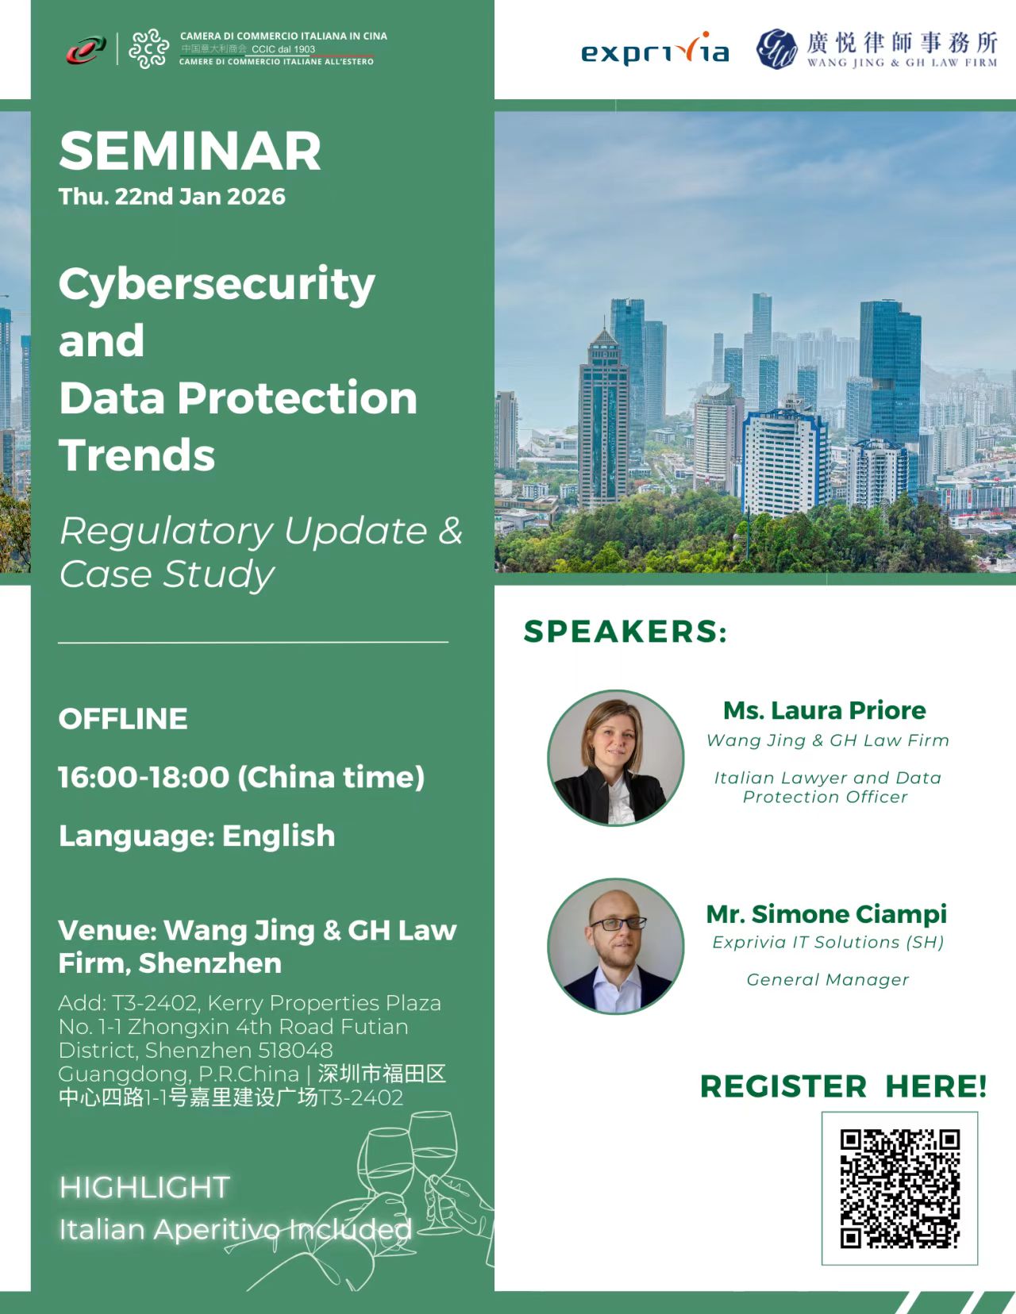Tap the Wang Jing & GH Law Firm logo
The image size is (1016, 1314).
[876, 49]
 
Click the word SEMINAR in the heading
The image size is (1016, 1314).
[190, 152]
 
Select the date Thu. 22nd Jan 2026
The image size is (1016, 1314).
[171, 197]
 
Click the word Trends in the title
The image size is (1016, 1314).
[137, 455]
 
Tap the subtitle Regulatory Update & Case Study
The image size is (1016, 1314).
[260, 552]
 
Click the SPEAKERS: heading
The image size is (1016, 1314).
[625, 632]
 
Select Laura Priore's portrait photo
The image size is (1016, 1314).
[616, 758]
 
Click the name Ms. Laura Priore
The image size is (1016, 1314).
[824, 710]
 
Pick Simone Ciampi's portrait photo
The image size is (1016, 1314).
[616, 946]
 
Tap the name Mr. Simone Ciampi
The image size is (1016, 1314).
[826, 914]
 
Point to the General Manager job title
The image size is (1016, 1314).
[827, 980]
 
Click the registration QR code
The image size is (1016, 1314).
[899, 1188]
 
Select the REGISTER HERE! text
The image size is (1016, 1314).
[844, 1086]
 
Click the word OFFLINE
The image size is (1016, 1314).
[123, 719]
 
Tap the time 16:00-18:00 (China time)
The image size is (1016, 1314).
[241, 778]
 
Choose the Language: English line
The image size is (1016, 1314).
[197, 836]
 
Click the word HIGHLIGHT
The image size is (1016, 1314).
[144, 1187]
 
